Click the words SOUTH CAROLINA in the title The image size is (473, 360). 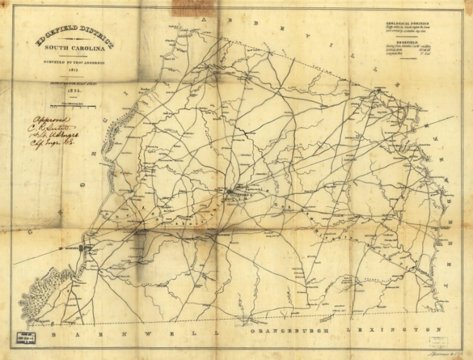click(74, 48)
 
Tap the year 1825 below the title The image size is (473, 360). click(74, 90)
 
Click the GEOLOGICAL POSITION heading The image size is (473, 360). click(407, 24)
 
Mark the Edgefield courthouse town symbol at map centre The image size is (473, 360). click(230, 192)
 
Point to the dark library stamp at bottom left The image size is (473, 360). click(26, 338)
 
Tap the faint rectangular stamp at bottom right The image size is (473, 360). click(438, 342)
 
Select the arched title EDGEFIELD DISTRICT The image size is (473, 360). click(74, 36)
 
